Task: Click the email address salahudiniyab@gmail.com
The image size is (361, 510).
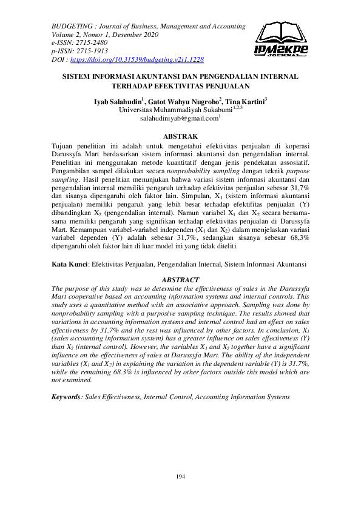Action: [x=179, y=119]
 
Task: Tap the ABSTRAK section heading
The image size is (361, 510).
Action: [x=181, y=137]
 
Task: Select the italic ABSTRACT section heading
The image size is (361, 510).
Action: [x=181, y=279]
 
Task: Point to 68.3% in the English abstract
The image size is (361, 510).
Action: [x=110, y=372]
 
